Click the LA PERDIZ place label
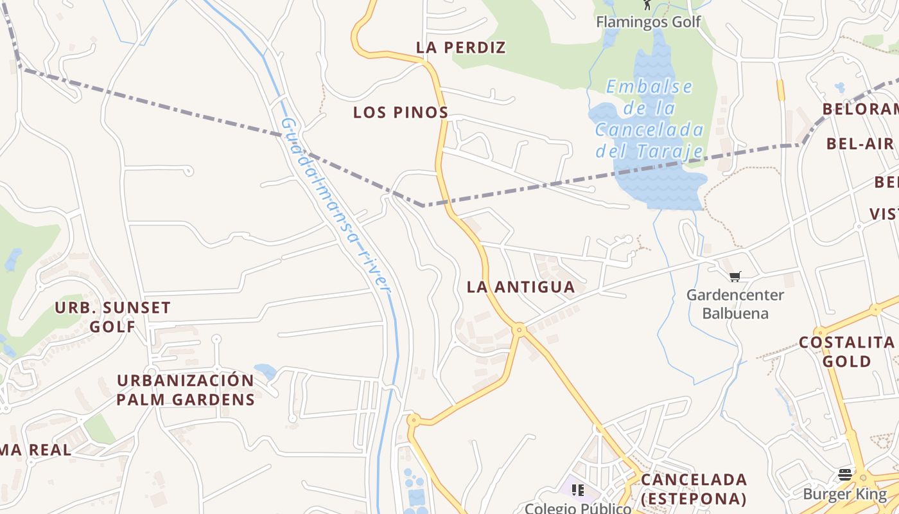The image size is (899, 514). click(461, 48)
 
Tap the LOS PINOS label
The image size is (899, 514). click(401, 112)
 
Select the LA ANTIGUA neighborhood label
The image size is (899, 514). click(521, 287)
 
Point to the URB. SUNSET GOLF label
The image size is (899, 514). click(112, 317)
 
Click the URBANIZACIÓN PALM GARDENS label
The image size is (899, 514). click(186, 390)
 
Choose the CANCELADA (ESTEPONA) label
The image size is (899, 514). click(694, 489)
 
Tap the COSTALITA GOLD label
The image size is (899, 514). click(847, 351)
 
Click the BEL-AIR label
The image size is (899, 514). click(860, 143)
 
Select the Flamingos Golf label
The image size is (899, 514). click(649, 22)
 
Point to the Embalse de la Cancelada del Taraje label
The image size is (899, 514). click(650, 119)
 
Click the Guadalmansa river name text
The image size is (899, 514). click(336, 204)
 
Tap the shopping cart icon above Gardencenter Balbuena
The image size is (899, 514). click(735, 276)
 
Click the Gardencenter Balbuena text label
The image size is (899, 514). click(735, 304)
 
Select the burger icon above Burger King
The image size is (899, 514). click(845, 475)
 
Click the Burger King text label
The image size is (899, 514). click(845, 495)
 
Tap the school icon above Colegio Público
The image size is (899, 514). click(578, 490)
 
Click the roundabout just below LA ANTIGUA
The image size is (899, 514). click(519, 330)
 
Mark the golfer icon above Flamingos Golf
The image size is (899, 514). click(647, 5)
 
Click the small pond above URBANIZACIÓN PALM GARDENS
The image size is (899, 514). click(265, 371)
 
